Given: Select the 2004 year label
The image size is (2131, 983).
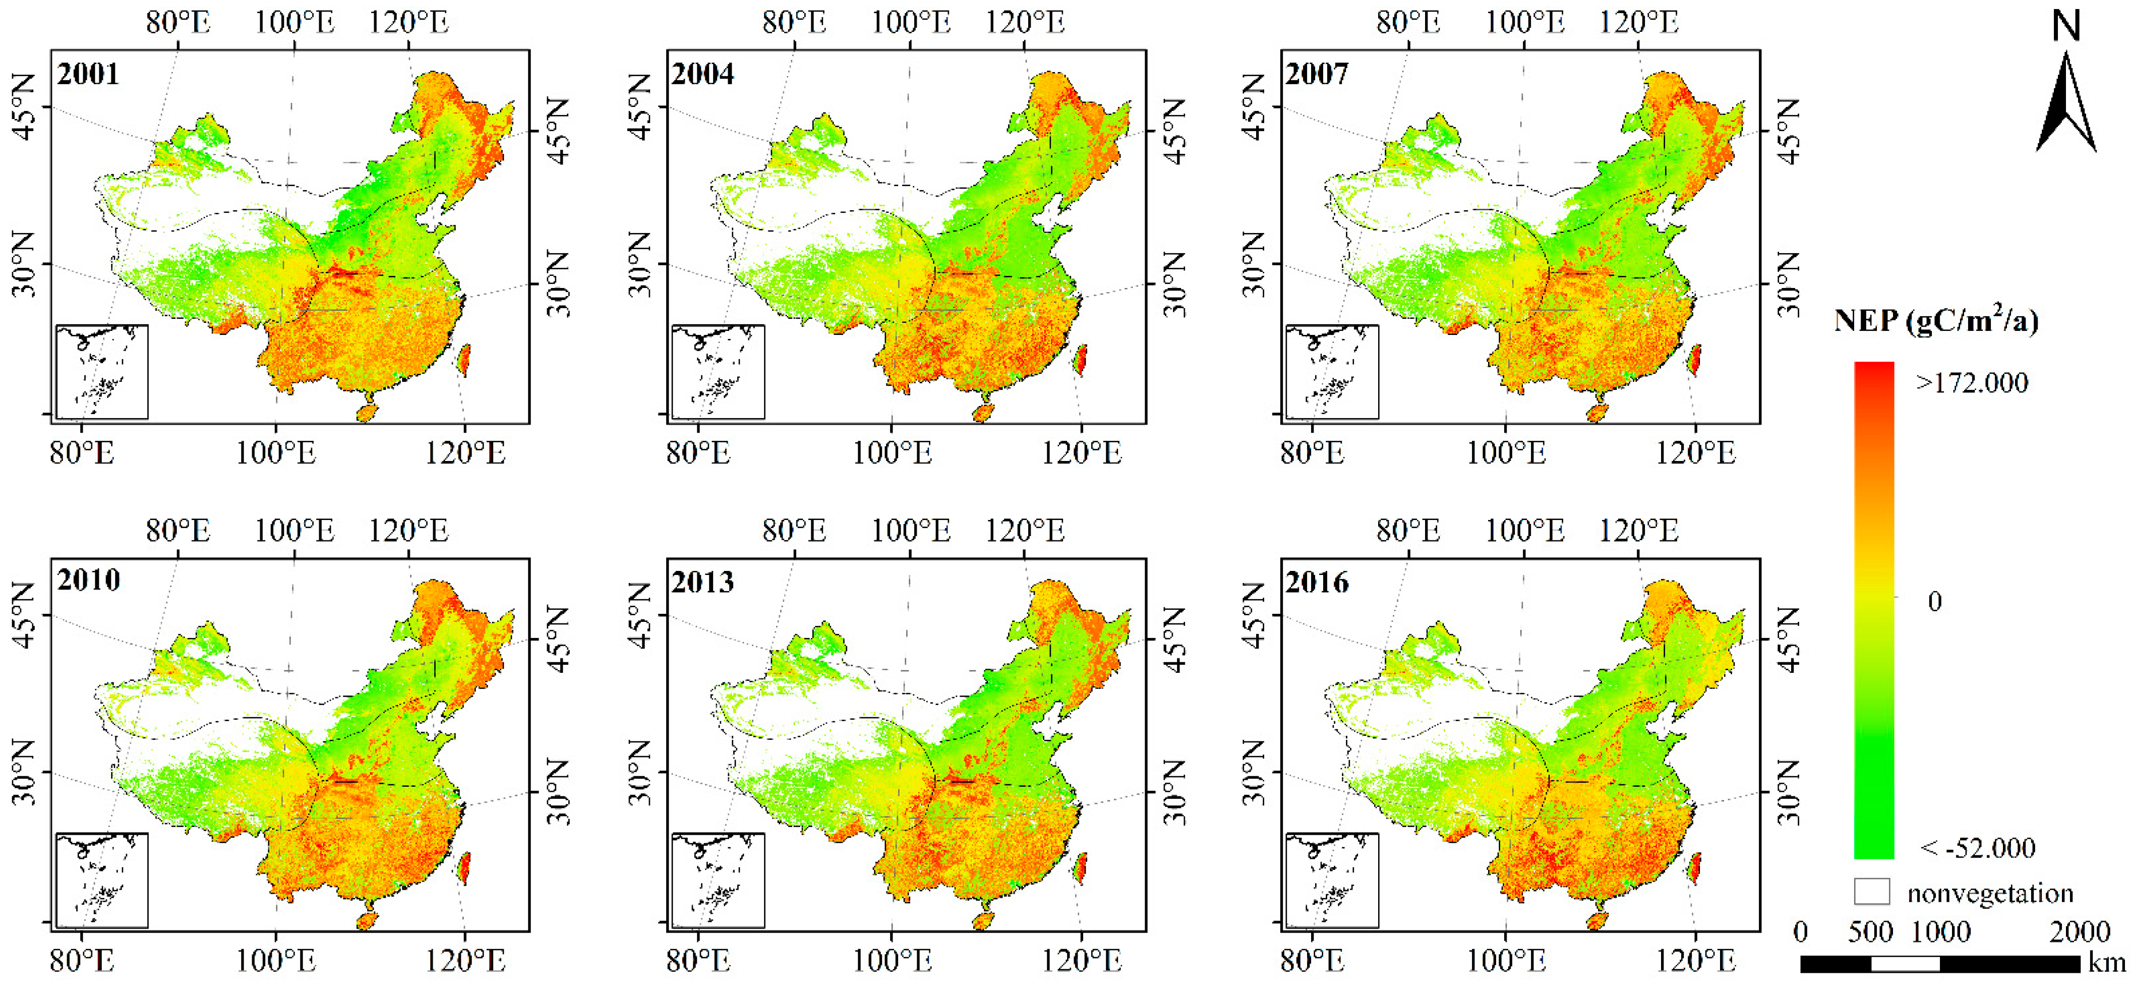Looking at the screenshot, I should point(702,75).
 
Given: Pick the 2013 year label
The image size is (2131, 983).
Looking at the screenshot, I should point(702,583).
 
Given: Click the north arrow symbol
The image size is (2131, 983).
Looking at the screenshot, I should point(2065,103).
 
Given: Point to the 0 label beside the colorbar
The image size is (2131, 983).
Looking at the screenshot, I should point(1934,602).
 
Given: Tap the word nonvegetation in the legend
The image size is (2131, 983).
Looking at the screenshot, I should point(1989,894).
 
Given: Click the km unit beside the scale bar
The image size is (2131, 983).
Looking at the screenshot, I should point(2106,963).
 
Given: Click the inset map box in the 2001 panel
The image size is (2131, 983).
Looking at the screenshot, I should point(102,372).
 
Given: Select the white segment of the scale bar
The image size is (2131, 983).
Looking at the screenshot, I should point(1905,964).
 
